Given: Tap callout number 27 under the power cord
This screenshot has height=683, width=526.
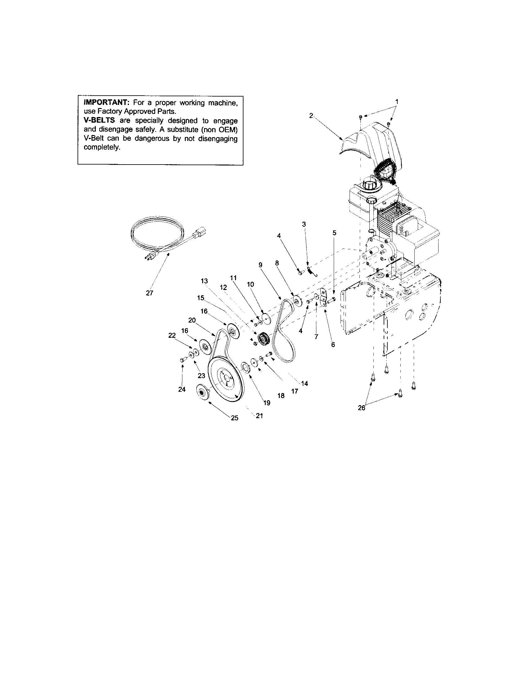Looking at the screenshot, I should [149, 293].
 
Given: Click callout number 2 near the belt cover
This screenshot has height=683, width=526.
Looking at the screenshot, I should [311, 115].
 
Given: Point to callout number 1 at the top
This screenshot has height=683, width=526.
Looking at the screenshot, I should [397, 102].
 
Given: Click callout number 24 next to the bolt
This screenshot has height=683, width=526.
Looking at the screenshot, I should [182, 389].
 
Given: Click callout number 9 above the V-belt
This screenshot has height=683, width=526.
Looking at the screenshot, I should [261, 265].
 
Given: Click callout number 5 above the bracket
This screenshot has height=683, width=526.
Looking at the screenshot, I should [335, 233].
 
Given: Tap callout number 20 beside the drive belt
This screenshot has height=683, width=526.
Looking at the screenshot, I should [192, 320].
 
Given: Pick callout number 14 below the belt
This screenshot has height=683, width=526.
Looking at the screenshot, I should [305, 383].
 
